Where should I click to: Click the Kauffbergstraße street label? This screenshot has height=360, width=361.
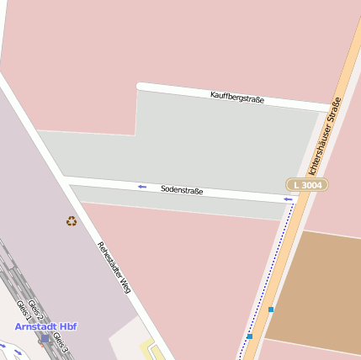tap(237, 98)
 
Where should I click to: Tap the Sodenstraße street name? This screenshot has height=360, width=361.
tap(182, 190)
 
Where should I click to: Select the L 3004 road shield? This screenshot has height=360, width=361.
tap(307, 184)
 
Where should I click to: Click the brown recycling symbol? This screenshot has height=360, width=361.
tap(72, 221)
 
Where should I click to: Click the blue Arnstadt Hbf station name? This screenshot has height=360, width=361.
tap(45, 326)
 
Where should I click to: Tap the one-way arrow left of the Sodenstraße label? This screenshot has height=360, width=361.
tap(141, 186)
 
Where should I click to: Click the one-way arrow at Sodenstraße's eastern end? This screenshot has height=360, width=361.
tap(289, 199)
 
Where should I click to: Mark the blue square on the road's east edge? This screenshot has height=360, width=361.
tap(271, 310)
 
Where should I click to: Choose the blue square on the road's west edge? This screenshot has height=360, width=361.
tap(250, 336)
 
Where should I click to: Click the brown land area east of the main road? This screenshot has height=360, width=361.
tap(320, 290)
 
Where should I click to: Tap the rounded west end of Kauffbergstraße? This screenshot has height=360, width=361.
tap(141, 86)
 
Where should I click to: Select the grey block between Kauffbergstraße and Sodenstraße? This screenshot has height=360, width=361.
tap(210, 143)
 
